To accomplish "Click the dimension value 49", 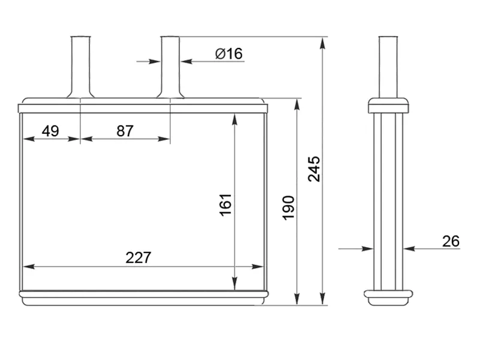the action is click(x=50, y=131).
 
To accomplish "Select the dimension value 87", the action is click(x=125, y=131).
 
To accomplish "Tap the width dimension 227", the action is click(x=139, y=258).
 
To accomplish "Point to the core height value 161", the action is click(x=226, y=205).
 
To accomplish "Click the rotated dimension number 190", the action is click(x=289, y=208).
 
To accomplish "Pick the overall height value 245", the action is click(x=314, y=169).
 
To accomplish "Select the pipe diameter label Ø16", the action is click(x=229, y=53).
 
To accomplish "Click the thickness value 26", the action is click(x=451, y=241).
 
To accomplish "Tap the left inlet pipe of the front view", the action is click(x=80, y=67).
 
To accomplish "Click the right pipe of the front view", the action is click(x=170, y=67).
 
